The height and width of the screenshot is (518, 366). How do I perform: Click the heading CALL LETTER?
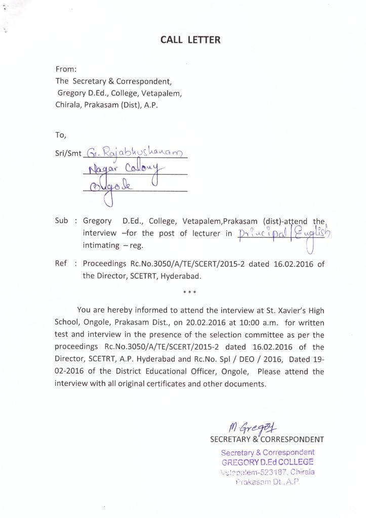pos(190,39)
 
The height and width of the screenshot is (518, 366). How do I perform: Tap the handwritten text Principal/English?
pos(283,234)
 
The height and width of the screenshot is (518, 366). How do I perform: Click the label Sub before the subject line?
pos(61,221)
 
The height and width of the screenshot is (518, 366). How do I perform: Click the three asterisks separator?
pos(190,292)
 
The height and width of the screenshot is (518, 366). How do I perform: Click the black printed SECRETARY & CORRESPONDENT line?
pos(267,440)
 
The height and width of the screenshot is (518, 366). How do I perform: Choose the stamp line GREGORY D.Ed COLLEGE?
pos(267,462)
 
